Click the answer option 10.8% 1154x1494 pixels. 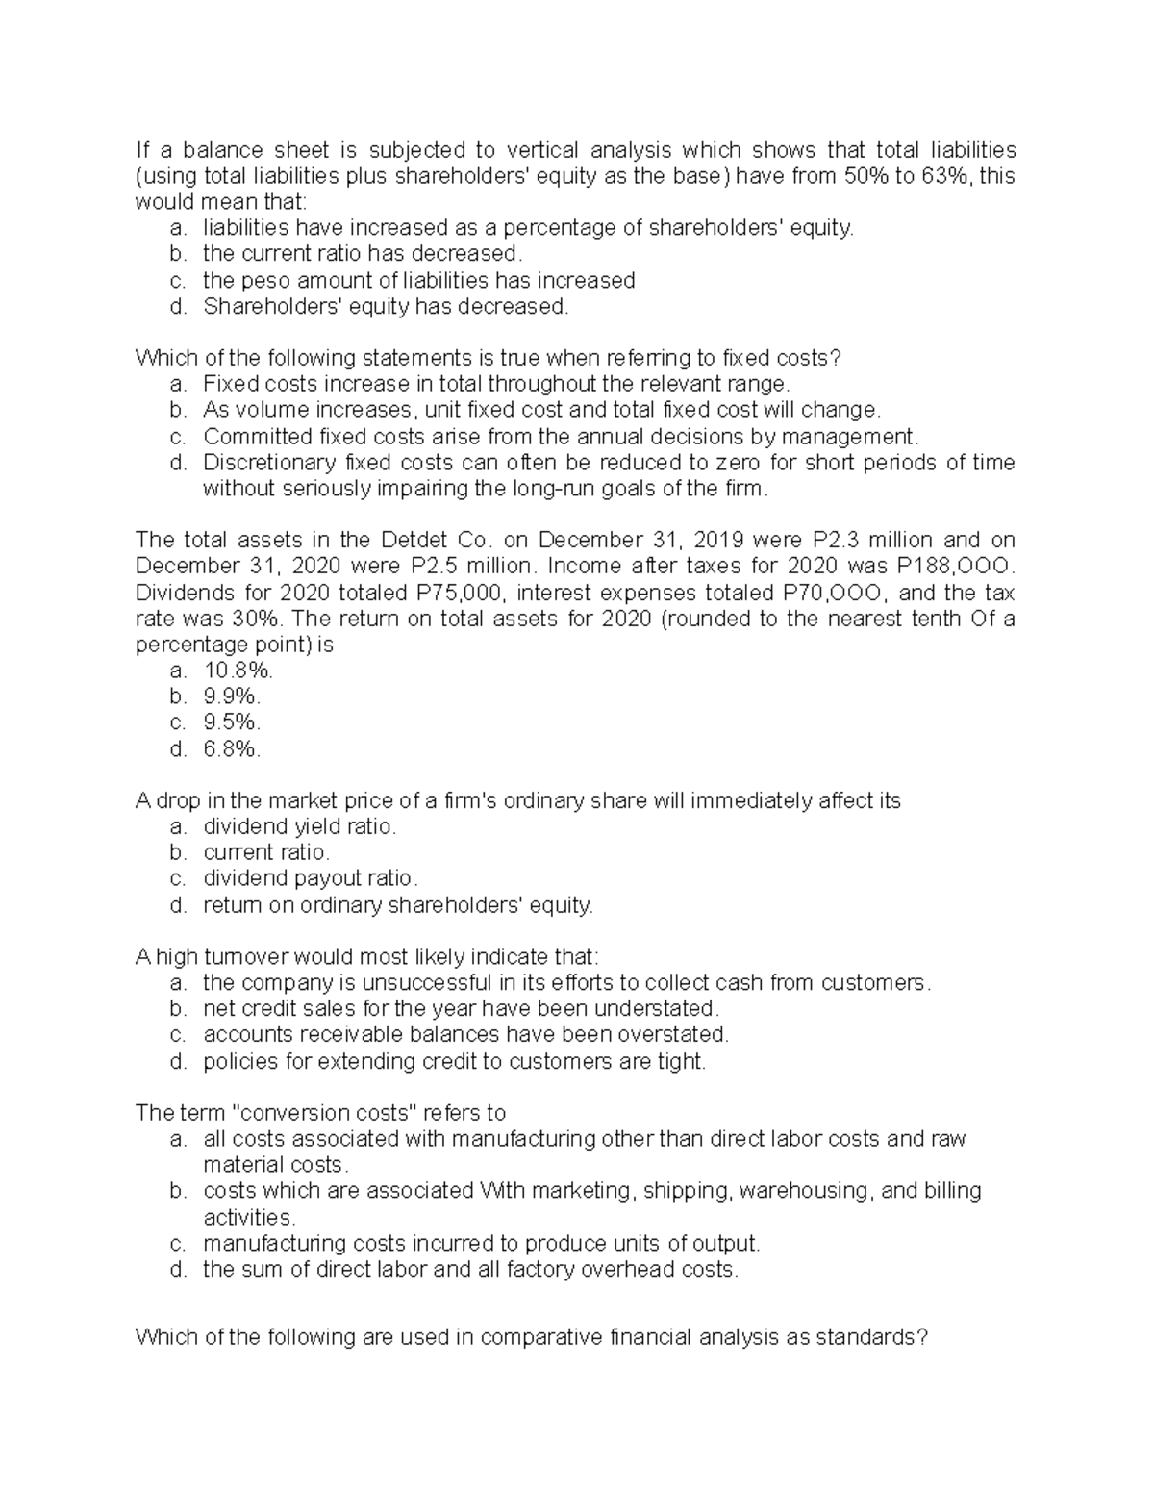232,671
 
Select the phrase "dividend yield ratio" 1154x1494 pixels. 299,826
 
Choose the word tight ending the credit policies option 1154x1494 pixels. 683,1061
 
